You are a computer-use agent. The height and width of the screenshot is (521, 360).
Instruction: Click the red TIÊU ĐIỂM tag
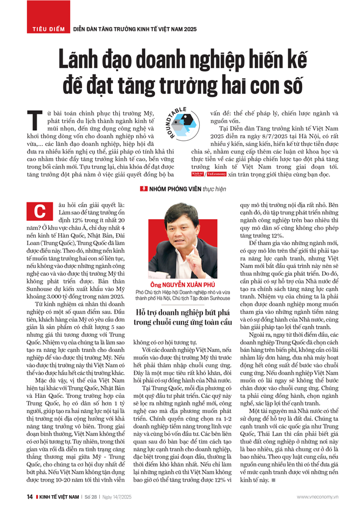(47, 28)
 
